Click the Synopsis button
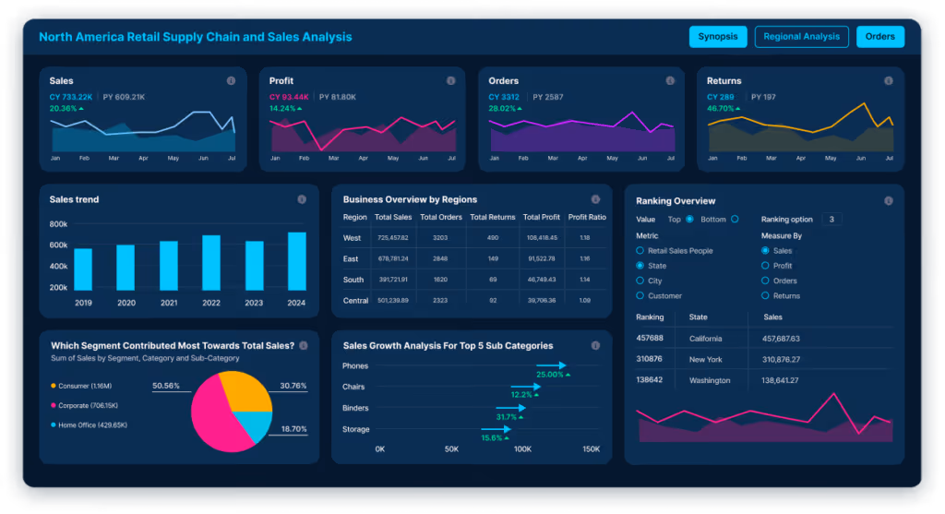pos(717,37)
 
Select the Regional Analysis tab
pos(801,37)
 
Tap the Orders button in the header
pos(880,37)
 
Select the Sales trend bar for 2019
pos(83,269)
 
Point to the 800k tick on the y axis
pos(58,224)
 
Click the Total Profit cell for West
pos(541,237)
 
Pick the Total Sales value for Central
pos(393,300)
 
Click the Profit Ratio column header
pos(587,217)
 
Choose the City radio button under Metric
pos(640,281)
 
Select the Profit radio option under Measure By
pos(765,266)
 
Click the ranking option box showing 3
pos(831,220)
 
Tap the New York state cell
pos(706,360)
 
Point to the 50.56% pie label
pos(166,386)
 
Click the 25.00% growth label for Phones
pos(550,375)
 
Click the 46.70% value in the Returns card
pos(720,108)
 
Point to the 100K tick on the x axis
pos(522,449)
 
